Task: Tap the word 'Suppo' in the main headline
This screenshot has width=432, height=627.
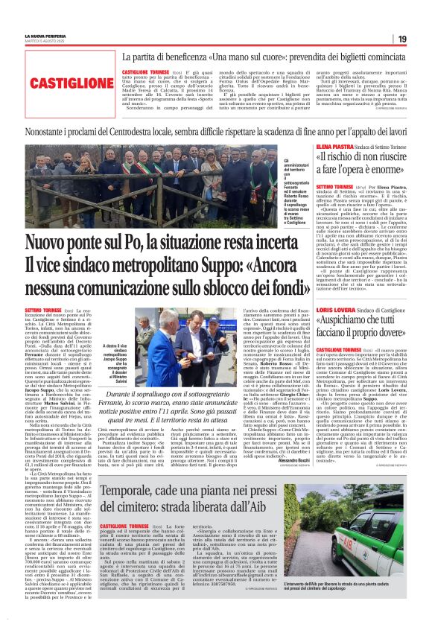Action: tap(187, 265)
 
